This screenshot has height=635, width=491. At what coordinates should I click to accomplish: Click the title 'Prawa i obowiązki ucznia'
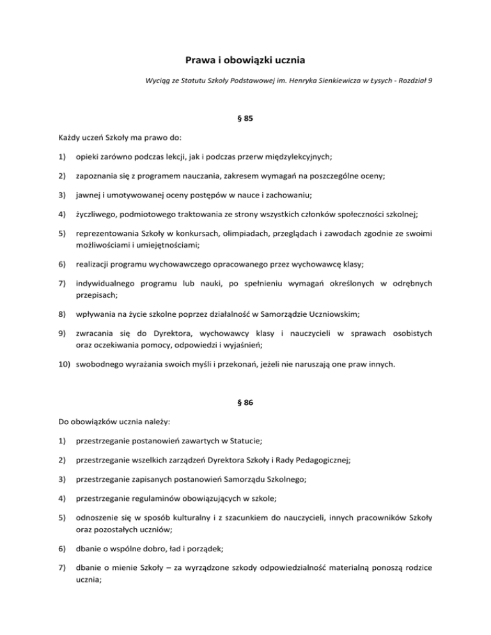click(x=245, y=61)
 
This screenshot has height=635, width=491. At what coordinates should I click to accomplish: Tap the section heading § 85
click(x=245, y=118)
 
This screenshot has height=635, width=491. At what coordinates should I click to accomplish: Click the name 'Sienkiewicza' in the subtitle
click(x=333, y=82)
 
